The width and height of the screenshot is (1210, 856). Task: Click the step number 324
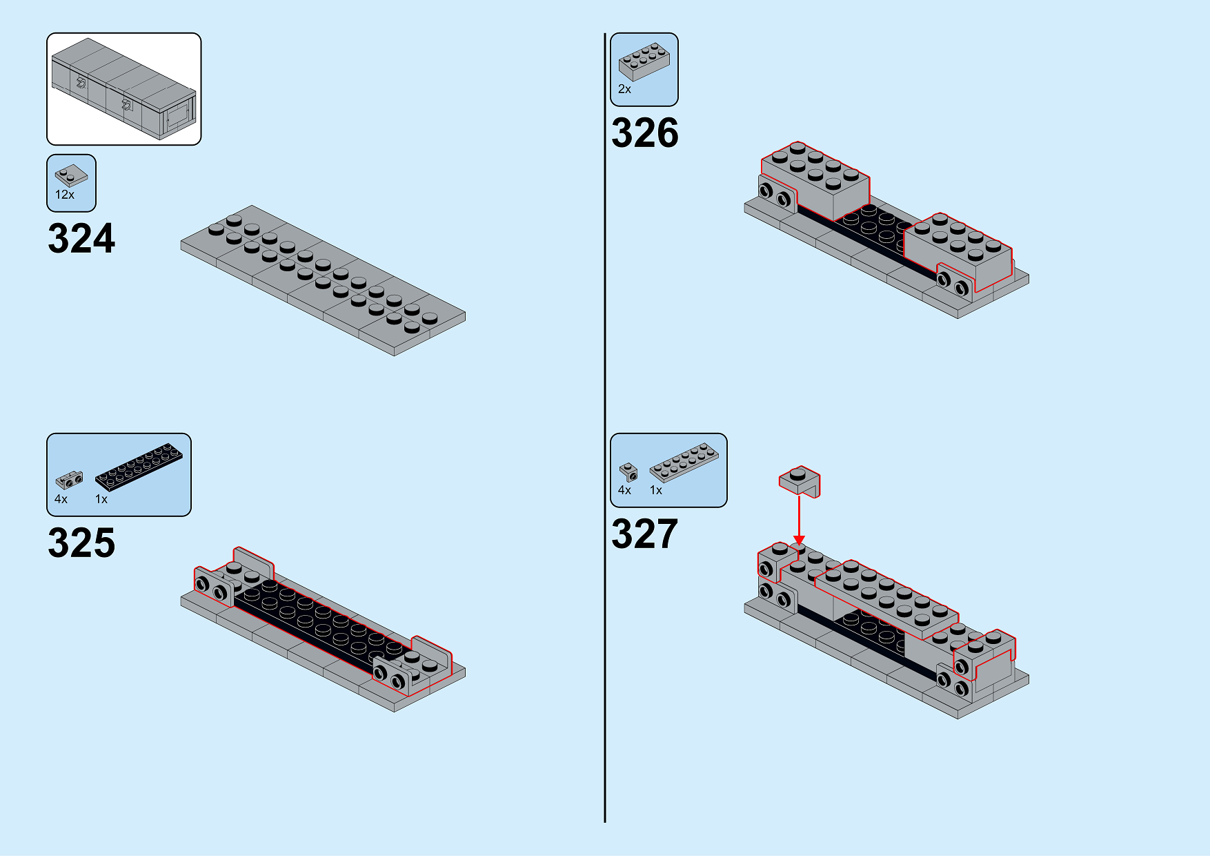click(81, 239)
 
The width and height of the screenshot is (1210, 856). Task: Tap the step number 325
click(81, 543)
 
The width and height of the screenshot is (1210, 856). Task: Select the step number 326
click(645, 133)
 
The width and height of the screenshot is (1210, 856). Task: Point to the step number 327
click(645, 534)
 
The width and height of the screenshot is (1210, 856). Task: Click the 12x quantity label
click(65, 195)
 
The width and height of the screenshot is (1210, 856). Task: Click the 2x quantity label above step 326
click(624, 89)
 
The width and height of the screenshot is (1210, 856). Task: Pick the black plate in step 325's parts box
click(139, 466)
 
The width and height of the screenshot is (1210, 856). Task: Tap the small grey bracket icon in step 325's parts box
click(69, 479)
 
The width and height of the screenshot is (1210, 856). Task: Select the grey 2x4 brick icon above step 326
click(644, 61)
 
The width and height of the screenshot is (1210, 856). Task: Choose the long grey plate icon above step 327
click(684, 462)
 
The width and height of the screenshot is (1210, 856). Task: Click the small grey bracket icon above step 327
click(628, 472)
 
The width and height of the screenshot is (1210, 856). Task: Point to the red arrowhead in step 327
click(799, 540)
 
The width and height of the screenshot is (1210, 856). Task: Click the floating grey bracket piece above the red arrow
click(800, 480)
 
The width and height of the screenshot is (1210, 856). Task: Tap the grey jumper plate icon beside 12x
click(71, 176)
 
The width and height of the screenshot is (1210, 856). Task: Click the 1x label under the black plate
click(101, 499)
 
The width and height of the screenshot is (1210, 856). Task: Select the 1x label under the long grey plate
click(656, 490)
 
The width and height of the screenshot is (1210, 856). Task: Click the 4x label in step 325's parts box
click(61, 499)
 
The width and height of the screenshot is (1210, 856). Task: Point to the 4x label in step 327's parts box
click(625, 490)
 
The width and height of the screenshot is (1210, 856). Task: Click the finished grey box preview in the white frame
click(124, 88)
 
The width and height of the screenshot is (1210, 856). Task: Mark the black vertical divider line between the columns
click(605, 427)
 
